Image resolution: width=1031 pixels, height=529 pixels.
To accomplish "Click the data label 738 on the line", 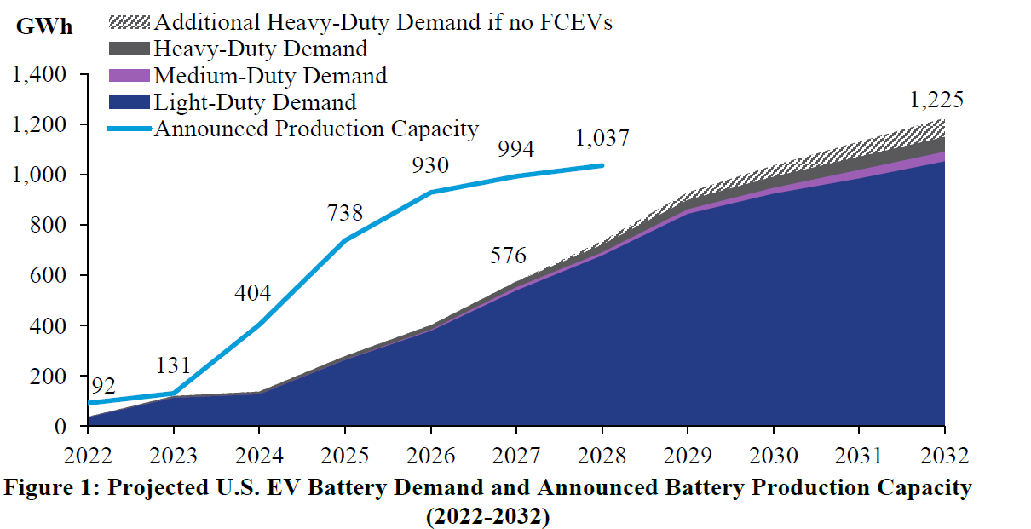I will tap(344, 213).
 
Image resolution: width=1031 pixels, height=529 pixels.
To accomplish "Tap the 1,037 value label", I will tap(603, 137).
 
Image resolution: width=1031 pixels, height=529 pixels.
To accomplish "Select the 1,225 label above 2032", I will tap(936, 101).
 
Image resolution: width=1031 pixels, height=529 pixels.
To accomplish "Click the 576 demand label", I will tap(508, 256).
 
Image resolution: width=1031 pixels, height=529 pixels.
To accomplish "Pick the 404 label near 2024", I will tap(253, 294).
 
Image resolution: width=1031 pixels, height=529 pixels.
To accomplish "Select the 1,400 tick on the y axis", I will tap(39, 75).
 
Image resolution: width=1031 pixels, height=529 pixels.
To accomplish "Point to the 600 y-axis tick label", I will tap(49, 276).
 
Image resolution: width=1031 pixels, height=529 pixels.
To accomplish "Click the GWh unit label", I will tap(44, 26).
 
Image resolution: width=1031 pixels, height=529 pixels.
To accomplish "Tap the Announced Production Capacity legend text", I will tap(316, 129).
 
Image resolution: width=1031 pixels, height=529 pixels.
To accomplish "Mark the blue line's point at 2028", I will tap(602, 165).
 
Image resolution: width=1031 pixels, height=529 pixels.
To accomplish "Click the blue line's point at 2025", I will tap(345, 240).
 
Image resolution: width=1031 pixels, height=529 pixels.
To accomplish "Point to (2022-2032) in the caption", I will tap(487, 516).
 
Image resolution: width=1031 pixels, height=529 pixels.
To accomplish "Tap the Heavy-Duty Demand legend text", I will tap(260, 49).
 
